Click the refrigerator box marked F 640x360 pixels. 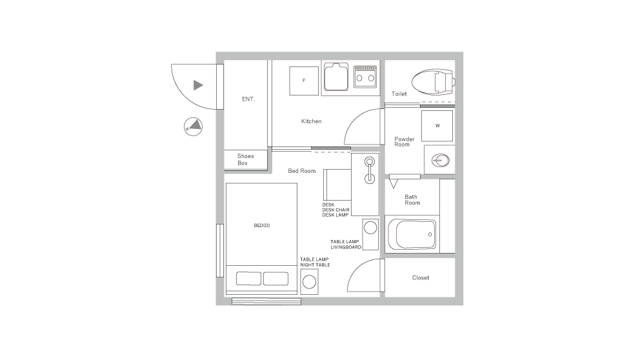304,81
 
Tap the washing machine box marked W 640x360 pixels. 437,126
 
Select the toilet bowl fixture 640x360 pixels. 432,82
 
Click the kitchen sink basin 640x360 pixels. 335,78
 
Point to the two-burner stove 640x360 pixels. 365,77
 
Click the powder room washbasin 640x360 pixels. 440,159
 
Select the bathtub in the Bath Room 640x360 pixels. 411,234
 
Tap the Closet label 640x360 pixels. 420,278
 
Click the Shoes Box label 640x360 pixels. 245,159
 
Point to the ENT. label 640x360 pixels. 248,99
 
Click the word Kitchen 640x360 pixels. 311,121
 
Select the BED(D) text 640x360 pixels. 261,226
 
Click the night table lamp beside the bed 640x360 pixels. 310,282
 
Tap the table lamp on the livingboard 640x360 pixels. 370,228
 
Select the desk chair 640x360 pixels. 336,185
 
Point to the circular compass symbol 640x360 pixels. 193,126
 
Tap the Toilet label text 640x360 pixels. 399,94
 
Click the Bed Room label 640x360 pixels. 301,171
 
